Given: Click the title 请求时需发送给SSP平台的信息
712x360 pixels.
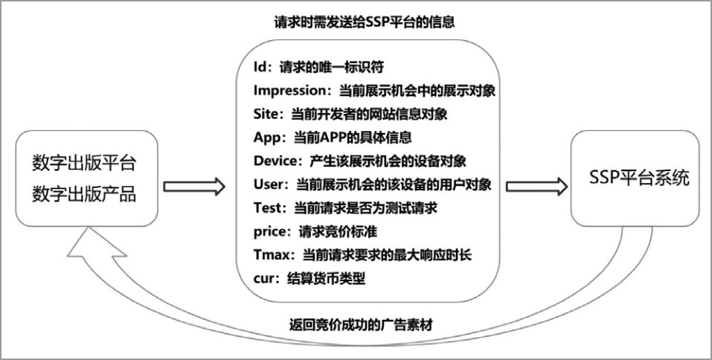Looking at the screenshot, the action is (x=364, y=22).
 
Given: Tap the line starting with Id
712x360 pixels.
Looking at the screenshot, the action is (x=318, y=67).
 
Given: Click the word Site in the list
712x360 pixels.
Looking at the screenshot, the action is (x=265, y=114).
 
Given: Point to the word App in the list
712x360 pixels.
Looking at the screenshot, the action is (x=267, y=138).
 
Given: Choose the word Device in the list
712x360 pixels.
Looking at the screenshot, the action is (x=275, y=161).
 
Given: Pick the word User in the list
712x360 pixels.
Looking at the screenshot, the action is (x=268, y=184).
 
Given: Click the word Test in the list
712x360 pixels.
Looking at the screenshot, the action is (x=267, y=208).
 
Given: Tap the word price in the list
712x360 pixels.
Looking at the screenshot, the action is (x=269, y=232).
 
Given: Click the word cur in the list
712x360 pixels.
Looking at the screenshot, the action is (x=264, y=279).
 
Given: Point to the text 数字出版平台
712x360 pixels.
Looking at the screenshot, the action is (x=84, y=164).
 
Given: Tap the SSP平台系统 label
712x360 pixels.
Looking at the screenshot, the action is (x=639, y=178).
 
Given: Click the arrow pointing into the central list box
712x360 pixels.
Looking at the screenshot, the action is (x=194, y=187).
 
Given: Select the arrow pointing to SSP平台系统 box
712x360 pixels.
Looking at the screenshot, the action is (x=536, y=187).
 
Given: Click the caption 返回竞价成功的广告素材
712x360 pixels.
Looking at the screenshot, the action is (x=362, y=325).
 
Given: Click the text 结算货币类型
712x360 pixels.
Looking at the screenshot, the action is (x=326, y=279).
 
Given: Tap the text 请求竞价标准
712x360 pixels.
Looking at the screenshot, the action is (x=338, y=232).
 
